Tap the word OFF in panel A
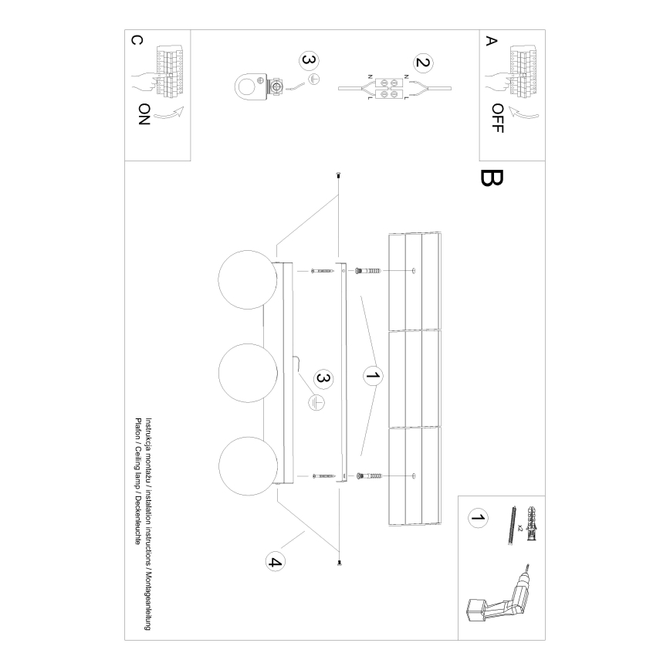point(496,118)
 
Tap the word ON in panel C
point(144,114)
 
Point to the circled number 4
point(273,561)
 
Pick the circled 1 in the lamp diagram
point(372,377)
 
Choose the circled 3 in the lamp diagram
point(323,378)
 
